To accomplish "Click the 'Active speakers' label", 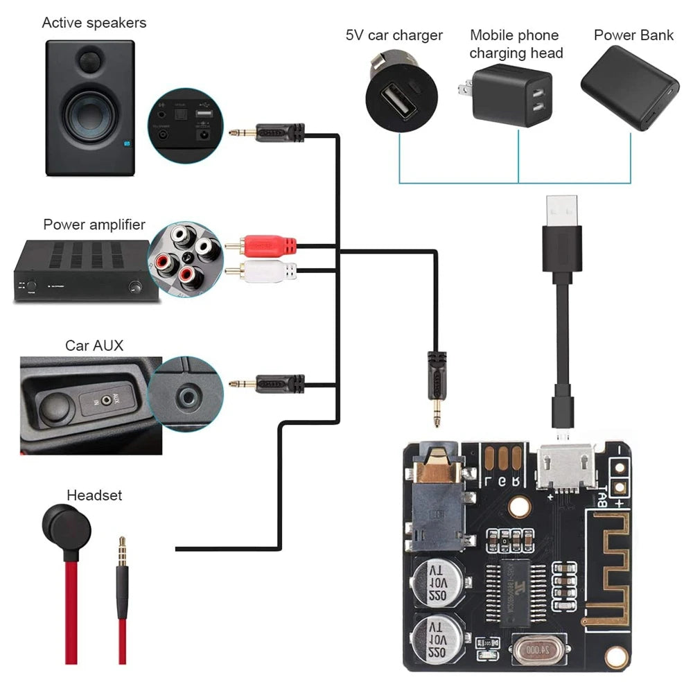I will tap(94, 23).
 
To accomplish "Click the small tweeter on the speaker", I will tap(90, 60).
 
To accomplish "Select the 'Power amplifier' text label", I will tap(94, 225).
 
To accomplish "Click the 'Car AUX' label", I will tap(94, 344).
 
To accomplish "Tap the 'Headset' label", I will tap(94, 495).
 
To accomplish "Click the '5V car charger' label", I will tap(394, 35).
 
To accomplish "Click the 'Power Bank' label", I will tap(633, 35).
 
